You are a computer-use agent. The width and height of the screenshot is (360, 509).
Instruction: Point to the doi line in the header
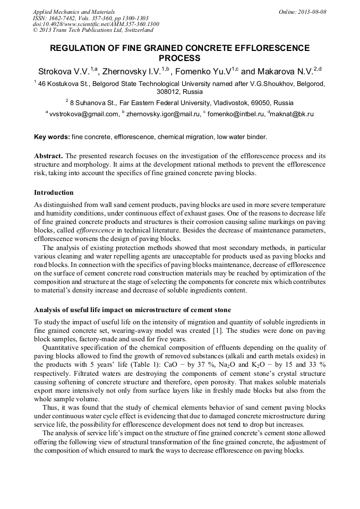point(96,24)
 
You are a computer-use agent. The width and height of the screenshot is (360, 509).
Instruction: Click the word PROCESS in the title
point(180,58)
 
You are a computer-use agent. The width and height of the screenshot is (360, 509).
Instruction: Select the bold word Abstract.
point(48,156)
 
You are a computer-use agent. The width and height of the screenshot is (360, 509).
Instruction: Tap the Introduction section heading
point(54,192)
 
